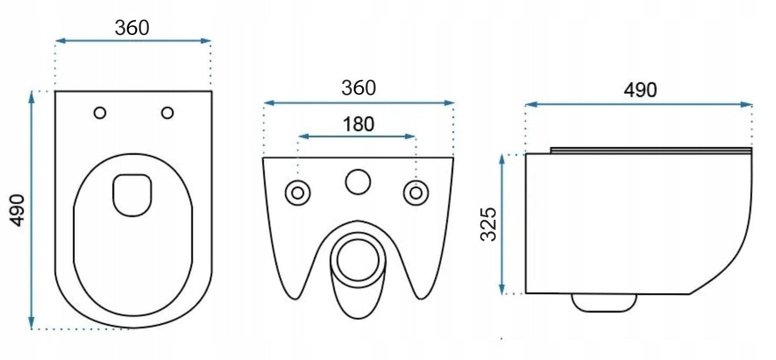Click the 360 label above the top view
pos(132,27)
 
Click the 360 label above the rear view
pos(358,88)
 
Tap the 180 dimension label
pos(358,124)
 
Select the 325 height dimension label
pos(488,224)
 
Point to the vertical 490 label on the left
pos(17,210)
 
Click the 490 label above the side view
pos(640,90)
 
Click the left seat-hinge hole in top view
pos(100,113)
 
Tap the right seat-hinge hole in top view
pos(167,113)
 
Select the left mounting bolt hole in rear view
pos(297,193)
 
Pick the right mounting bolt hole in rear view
pos(416,193)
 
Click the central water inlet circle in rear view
pos(358,182)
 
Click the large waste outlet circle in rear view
pos(358,260)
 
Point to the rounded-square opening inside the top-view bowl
pos(133,196)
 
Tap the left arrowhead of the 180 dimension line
pos(303,136)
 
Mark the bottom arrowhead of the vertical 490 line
pos(31,323)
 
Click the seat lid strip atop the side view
pos(652,150)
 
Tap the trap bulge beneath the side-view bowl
pos(604,303)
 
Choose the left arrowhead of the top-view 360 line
pos(61,41)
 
